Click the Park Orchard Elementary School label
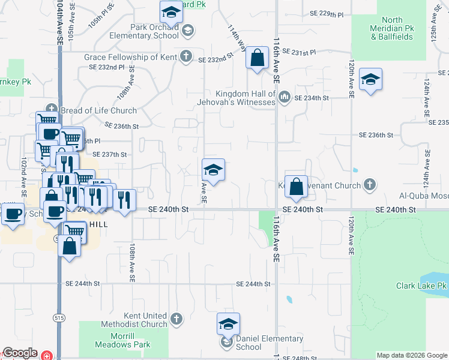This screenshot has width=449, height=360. tap(143, 31)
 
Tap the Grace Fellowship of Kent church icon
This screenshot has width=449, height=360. tap(187, 57)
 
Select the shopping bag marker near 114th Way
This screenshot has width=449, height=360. tap(257, 59)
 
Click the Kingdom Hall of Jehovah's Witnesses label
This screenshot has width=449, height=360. tap(246, 98)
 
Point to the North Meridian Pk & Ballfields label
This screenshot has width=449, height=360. tap(391, 28)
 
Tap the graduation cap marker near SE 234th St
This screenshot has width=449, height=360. tap(370, 80)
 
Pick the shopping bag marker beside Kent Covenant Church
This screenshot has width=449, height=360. tap(296, 187)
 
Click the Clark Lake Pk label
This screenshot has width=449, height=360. tap(421, 286)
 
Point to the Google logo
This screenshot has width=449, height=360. tap(20, 353)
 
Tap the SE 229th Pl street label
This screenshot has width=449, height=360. tap(327, 13)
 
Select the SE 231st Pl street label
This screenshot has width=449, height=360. tap(302, 53)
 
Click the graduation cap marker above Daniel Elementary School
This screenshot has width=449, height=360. tap(228, 324)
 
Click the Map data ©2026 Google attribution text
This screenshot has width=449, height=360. tap(411, 355)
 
